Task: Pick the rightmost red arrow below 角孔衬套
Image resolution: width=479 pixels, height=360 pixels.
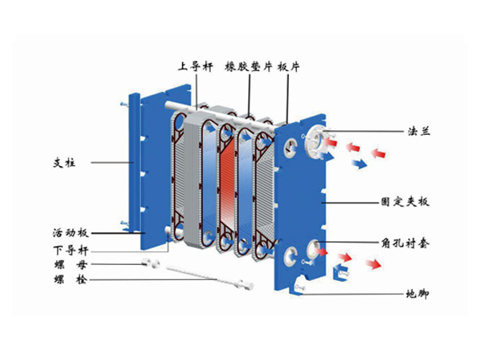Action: [x=372, y=264]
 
